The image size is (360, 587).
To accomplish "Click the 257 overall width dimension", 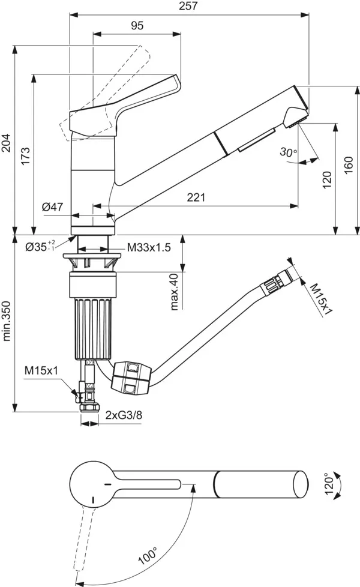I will coord(188,6).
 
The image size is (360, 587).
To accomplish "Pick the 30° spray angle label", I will coord(288,152).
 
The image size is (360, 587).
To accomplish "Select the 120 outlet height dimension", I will coord(327,178).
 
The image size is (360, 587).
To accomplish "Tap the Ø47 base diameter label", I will coord(53,207).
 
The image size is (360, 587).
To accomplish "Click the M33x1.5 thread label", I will coord(149,247).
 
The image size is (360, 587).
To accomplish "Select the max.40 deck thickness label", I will coord(175,292).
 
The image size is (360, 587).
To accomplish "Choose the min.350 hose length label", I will coord(7,321).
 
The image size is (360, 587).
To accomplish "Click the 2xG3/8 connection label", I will coord(124,415).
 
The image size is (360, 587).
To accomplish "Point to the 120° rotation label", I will coord(327,484).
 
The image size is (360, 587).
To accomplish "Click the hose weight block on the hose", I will coord(130,378).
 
